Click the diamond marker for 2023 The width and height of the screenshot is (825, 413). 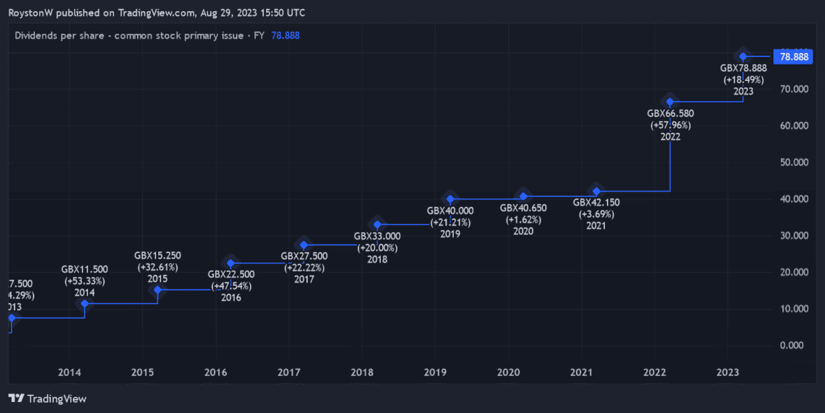742,56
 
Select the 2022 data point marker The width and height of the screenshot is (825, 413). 670,102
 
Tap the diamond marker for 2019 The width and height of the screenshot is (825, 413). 450,199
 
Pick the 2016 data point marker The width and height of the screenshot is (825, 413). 231,263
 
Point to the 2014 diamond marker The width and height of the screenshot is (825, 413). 85,304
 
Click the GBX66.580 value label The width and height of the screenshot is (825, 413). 670,114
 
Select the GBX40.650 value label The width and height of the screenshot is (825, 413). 523,208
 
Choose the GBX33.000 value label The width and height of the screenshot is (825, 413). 377,236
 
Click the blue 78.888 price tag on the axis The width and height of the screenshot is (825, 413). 791,57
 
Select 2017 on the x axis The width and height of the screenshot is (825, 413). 288,372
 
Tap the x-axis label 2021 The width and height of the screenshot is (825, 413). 581,372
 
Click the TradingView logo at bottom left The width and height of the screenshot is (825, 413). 47,398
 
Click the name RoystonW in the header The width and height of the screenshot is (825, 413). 30,13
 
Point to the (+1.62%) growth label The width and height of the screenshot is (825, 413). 523,220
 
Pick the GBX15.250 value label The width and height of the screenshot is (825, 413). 158,256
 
